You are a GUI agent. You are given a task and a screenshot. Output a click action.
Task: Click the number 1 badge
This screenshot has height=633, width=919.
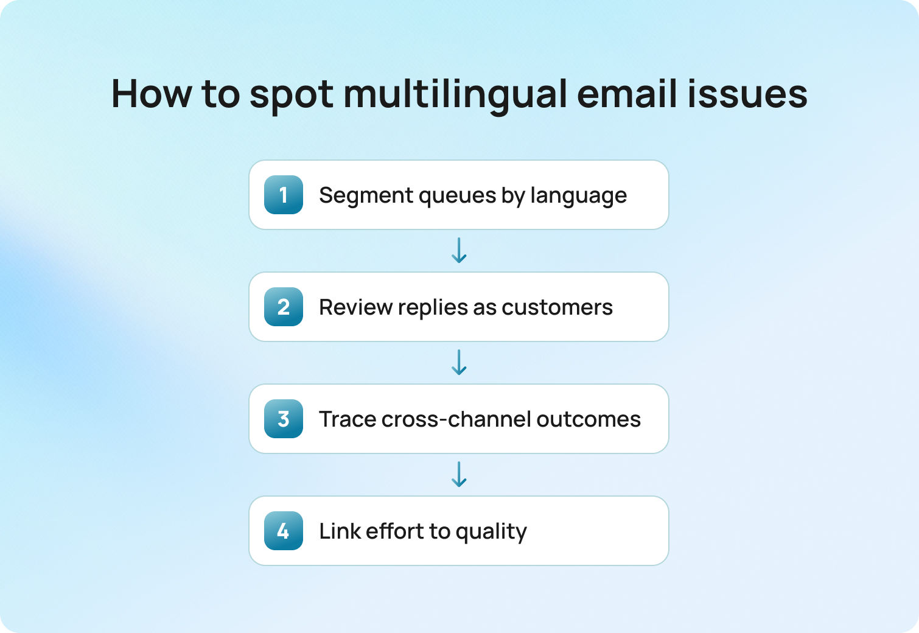point(284,195)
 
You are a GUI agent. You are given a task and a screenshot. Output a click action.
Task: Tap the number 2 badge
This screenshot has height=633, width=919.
point(284,307)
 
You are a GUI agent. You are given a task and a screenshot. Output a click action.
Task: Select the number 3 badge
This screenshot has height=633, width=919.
point(284,419)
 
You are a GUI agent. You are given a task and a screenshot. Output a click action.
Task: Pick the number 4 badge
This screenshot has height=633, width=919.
point(284,531)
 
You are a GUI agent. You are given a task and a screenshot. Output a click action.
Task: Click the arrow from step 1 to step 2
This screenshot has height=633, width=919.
point(459,250)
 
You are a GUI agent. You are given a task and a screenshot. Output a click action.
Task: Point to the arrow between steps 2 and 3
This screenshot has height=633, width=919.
point(459,362)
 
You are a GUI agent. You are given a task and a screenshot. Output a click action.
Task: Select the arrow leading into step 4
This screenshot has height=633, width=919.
point(459,474)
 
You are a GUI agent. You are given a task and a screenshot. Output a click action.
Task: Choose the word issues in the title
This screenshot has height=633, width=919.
point(747,94)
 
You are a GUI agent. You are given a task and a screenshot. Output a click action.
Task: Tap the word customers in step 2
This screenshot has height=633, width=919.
point(557,307)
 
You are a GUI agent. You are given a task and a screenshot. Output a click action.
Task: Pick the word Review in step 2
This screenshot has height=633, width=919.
point(355,307)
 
